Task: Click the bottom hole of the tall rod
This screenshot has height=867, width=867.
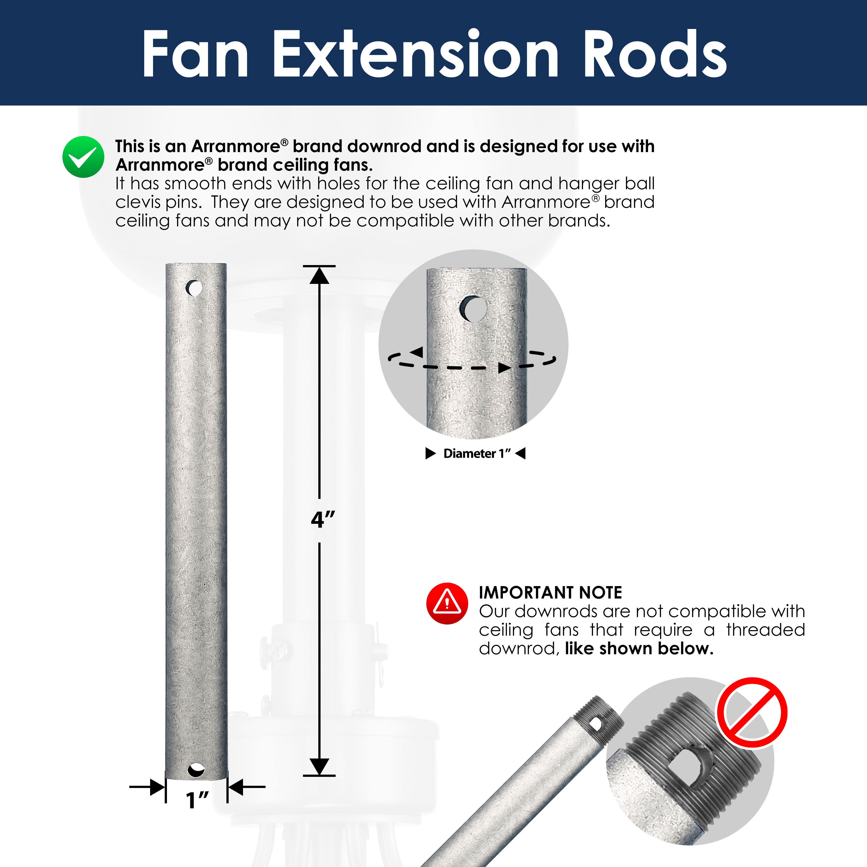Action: point(196,770)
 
